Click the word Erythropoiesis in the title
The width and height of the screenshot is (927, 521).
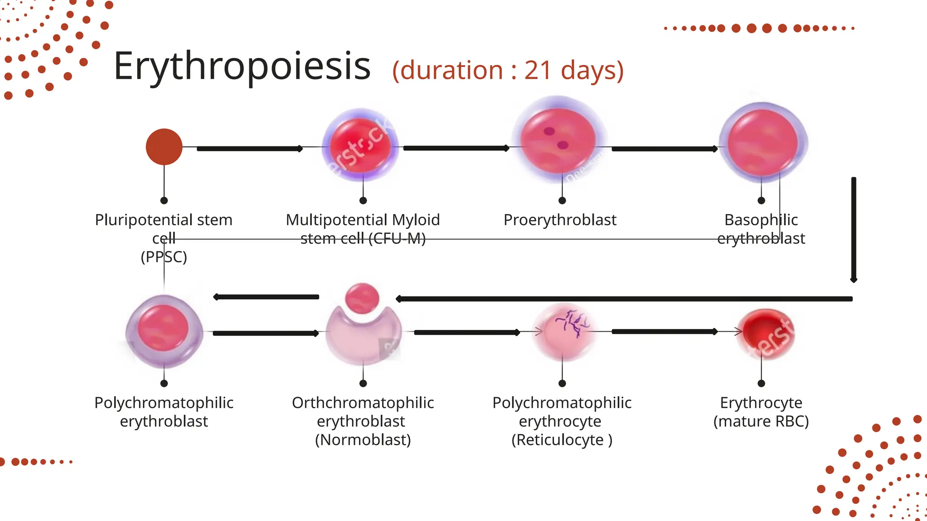(242, 66)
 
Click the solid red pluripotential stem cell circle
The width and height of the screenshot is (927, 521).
(164, 147)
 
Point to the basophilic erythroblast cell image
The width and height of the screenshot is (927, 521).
(762, 142)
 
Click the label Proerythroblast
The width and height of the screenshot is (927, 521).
(560, 220)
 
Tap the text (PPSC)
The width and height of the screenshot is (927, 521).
(164, 257)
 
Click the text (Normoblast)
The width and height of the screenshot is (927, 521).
(363, 440)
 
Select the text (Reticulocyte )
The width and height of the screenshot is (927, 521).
(562, 440)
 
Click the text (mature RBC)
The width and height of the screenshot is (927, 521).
(761, 422)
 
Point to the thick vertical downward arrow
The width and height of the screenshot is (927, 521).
(854, 229)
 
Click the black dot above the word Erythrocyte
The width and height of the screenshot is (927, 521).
(761, 384)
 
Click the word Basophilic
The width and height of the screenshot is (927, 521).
(761, 220)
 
